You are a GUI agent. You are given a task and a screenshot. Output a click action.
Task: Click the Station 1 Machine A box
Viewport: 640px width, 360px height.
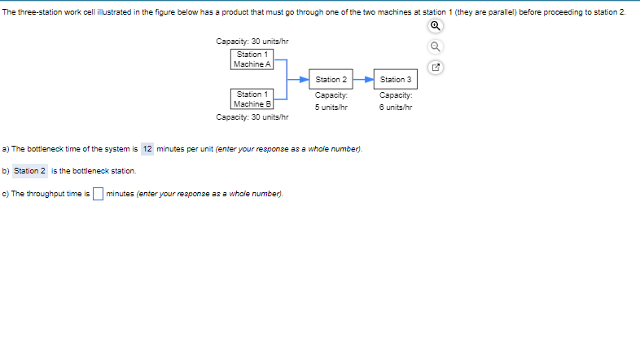click(252, 59)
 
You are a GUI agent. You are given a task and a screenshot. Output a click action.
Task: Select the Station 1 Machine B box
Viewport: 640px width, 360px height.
click(252, 99)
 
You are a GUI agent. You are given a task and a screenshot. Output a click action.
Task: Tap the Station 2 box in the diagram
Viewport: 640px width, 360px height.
click(331, 79)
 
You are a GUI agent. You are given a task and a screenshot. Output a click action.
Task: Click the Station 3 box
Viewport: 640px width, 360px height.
click(396, 79)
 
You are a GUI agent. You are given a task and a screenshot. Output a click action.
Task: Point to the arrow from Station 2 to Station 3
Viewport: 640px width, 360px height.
click(363, 79)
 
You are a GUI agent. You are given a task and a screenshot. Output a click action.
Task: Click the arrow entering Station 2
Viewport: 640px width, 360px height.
click(300, 79)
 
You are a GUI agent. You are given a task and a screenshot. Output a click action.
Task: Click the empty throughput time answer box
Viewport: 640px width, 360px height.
click(97, 194)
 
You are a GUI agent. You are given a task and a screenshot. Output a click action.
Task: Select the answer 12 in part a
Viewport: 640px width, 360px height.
click(147, 149)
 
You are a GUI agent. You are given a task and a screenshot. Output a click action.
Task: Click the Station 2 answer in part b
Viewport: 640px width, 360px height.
click(29, 171)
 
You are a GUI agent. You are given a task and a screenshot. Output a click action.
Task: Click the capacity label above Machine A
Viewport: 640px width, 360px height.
click(252, 42)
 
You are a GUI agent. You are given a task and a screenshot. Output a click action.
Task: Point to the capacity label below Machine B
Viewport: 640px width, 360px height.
click(252, 117)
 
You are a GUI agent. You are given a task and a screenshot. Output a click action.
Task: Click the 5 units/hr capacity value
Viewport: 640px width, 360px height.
click(331, 107)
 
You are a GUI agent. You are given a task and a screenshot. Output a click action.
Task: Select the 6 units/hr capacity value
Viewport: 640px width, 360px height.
click(396, 107)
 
